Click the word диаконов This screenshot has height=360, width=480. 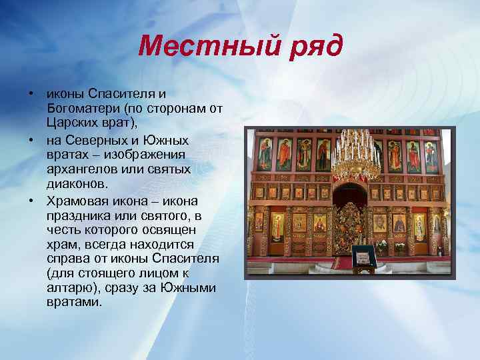(x=74, y=183)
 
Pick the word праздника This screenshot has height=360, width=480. (x=77, y=215)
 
